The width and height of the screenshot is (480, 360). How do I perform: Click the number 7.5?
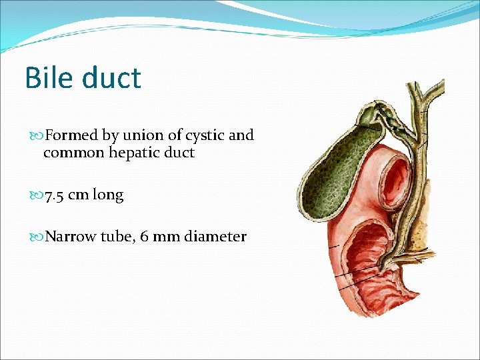[x=54, y=195]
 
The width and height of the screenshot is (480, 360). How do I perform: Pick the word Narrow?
[x=71, y=237]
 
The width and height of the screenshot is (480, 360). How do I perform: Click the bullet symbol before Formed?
[x=37, y=136]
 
